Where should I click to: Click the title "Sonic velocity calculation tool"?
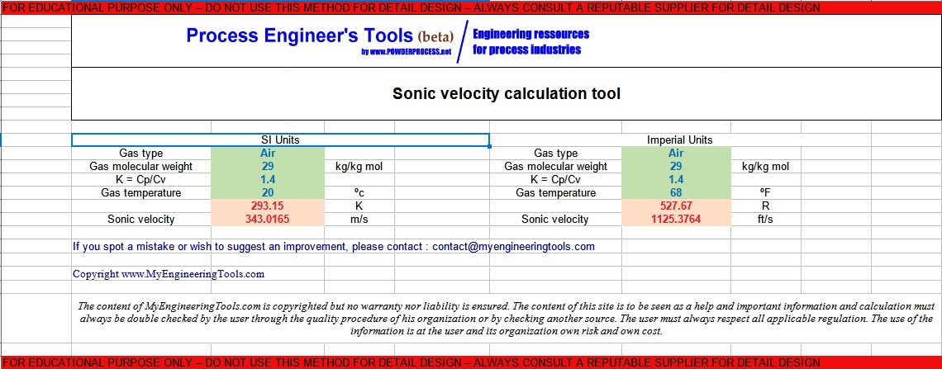pyautogui.click(x=506, y=93)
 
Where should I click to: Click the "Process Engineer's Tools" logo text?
pyautogui.click(x=299, y=35)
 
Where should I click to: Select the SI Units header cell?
pyautogui.click(x=280, y=140)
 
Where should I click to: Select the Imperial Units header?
pyautogui.click(x=679, y=140)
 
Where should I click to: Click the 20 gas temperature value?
pyautogui.click(x=268, y=192)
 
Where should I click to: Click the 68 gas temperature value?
pyautogui.click(x=676, y=192)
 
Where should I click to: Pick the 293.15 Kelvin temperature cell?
pyautogui.click(x=268, y=206)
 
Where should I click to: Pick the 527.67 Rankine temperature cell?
pyautogui.click(x=676, y=206)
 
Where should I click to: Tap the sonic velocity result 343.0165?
pyautogui.click(x=268, y=219)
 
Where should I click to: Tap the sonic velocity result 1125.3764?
pyautogui.click(x=676, y=219)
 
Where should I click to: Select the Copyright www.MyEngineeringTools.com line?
pyautogui.click(x=169, y=273)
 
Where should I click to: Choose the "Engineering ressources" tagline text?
pyautogui.click(x=530, y=34)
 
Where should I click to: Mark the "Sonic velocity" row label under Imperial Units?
pyautogui.click(x=554, y=219)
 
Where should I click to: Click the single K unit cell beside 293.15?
pyautogui.click(x=359, y=206)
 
